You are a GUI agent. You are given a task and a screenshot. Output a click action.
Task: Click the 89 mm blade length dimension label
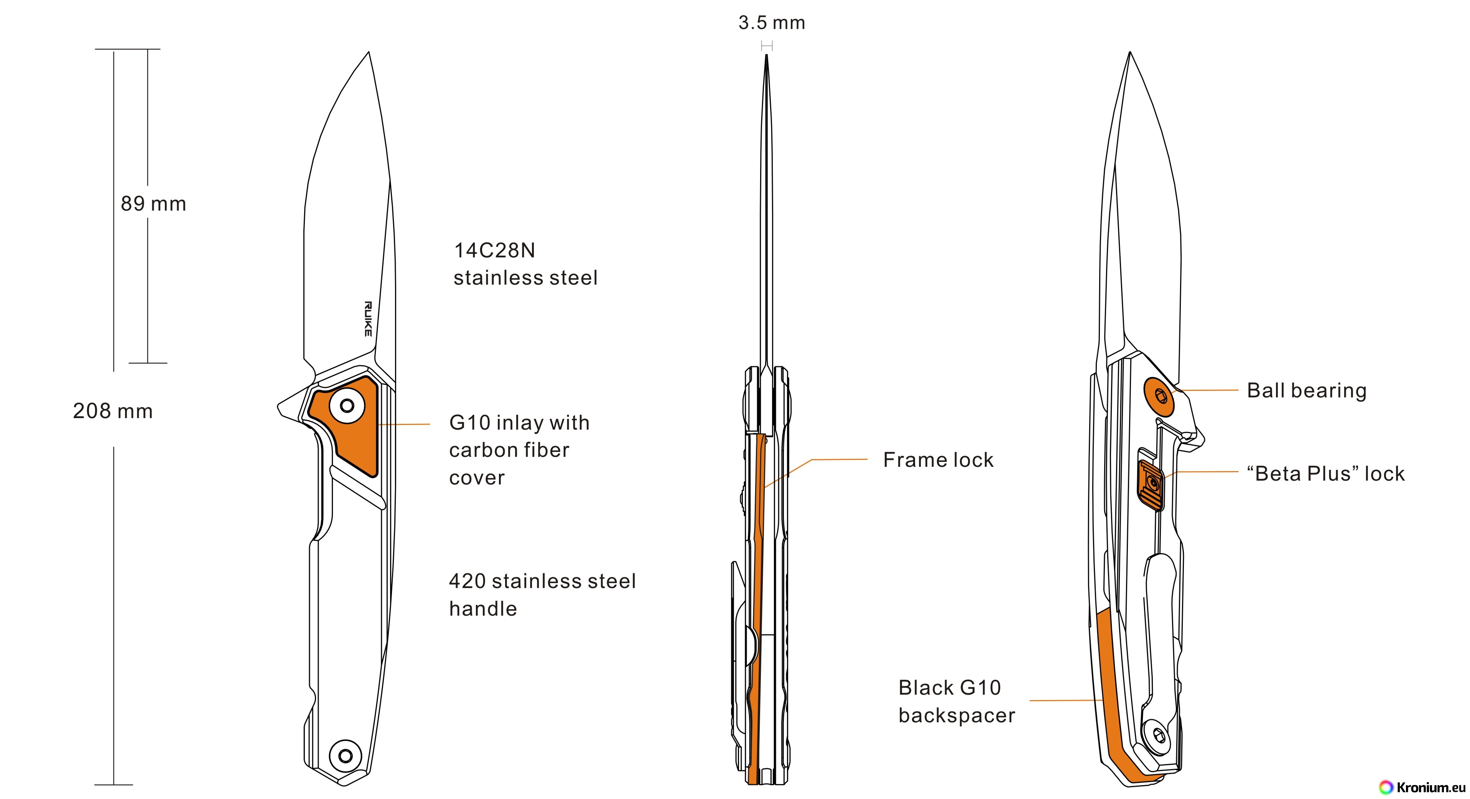click(x=153, y=204)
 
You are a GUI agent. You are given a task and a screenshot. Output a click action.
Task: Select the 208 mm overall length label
click(x=113, y=411)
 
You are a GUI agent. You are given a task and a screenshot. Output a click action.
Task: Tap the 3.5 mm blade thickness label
click(x=772, y=23)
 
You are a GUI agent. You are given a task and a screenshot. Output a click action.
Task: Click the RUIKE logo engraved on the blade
click(x=368, y=318)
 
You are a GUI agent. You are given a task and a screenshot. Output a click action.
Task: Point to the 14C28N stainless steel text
click(x=525, y=264)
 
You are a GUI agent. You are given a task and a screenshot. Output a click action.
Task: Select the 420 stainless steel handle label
click(x=542, y=595)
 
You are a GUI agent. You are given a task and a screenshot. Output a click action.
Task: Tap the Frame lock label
click(x=938, y=460)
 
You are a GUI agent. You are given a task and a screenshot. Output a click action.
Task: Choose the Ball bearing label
click(x=1307, y=390)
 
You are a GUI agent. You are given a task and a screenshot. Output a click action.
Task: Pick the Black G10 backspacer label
click(x=957, y=702)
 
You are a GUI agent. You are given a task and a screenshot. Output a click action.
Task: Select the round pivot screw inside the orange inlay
click(x=347, y=406)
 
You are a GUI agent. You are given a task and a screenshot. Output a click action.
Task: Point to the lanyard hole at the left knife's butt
click(x=345, y=756)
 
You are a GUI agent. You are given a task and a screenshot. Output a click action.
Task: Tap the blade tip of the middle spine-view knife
click(x=766, y=55)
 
